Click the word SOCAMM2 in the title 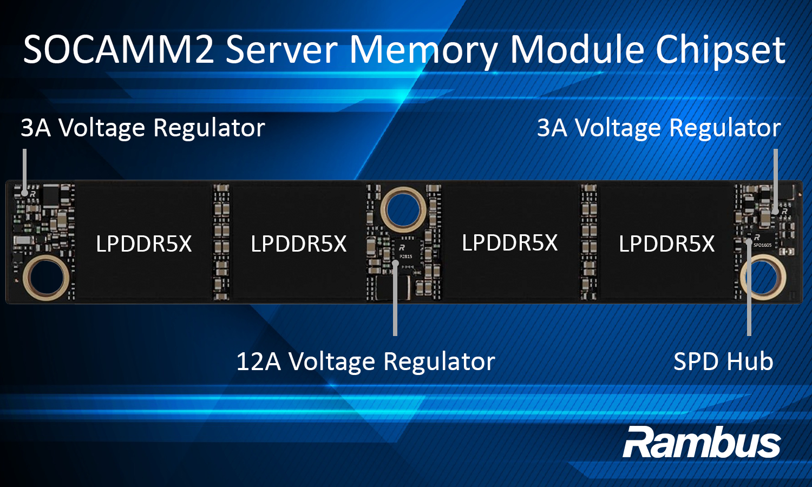pos(119,50)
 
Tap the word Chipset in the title pos(721,50)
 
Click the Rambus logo pos(702,442)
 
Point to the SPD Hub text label pos(723,361)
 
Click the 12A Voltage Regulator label pos(365,361)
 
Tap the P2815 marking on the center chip pos(405,256)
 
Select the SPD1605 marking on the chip pos(762,245)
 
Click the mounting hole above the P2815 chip pos(403,209)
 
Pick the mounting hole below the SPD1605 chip pos(763,277)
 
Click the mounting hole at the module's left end pos(46,277)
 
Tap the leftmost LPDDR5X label pos(143,244)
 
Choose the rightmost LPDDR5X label pos(666,244)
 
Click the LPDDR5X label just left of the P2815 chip pos(298,244)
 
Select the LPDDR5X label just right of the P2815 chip pos(509,243)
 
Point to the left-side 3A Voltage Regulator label pos(143,128)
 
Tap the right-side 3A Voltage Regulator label pos(659,128)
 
